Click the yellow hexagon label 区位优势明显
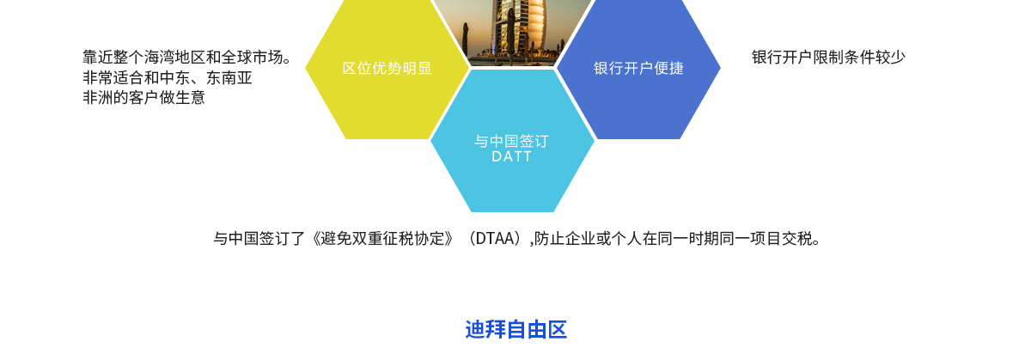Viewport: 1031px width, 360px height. (387, 69)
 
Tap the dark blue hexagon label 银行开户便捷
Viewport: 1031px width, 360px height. (638, 69)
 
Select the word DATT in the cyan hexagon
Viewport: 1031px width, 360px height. (512, 157)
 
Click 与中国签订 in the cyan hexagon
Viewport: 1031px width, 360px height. (512, 141)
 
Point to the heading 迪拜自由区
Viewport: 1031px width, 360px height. (516, 330)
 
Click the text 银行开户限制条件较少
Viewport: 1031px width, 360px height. (828, 58)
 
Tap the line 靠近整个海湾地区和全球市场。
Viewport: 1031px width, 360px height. (187, 58)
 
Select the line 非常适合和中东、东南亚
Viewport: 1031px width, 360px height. (168, 78)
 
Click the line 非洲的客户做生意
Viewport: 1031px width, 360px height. (143, 98)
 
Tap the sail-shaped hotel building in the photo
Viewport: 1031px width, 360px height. (519, 30)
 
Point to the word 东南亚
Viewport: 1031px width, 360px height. (229, 78)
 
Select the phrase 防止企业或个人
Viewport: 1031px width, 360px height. (588, 239)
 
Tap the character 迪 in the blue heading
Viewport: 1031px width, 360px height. (475, 330)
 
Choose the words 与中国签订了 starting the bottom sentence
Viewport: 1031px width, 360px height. (259, 239)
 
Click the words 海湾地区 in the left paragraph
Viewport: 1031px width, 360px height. (175, 58)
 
